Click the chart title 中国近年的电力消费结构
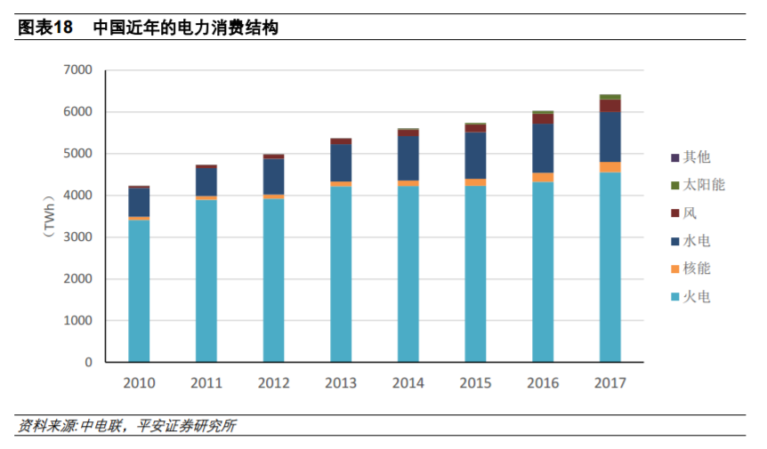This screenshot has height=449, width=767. [x=186, y=28]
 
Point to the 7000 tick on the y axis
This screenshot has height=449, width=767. [x=78, y=70]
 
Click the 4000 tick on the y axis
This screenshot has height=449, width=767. [x=78, y=196]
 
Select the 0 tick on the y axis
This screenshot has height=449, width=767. [x=88, y=363]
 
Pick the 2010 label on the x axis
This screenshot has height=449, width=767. [x=139, y=383]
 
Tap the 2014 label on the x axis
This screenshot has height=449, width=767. [x=408, y=383]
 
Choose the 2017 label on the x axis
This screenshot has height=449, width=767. [x=610, y=383]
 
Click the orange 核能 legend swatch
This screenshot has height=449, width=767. [x=675, y=269]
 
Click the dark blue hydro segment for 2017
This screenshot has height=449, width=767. [x=610, y=137]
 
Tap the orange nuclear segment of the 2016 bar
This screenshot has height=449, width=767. [x=543, y=178]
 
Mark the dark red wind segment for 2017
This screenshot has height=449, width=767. [x=610, y=106]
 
